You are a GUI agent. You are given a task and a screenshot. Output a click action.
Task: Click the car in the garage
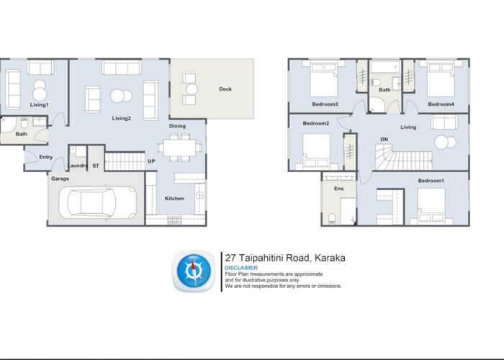[97, 202]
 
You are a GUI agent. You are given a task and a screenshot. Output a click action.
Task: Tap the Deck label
[225, 89]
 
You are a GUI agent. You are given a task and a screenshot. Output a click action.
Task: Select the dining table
[179, 148]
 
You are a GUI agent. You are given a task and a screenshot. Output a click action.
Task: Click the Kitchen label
[174, 198]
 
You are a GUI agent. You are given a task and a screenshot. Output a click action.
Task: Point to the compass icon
[194, 271]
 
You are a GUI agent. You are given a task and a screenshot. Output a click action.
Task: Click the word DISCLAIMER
[240, 268]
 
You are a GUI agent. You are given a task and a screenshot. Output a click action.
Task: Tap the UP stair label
[151, 161]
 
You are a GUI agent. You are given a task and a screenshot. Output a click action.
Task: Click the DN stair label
[384, 139]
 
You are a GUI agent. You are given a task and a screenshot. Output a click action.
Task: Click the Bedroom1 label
[431, 181]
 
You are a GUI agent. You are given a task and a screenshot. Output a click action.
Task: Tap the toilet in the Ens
[332, 218]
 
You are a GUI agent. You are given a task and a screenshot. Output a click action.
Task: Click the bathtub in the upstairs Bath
[384, 67]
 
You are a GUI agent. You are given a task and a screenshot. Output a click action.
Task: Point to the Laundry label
[78, 166]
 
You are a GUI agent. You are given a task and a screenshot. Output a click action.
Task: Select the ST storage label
[96, 166]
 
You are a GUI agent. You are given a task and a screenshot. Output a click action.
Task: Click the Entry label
[45, 157]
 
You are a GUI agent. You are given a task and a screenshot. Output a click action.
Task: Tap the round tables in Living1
[40, 91]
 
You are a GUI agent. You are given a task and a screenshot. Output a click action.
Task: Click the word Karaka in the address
[330, 258]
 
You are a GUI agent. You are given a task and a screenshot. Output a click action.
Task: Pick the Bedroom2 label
[315, 123]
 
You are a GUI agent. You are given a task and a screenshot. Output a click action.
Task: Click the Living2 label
[121, 118]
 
